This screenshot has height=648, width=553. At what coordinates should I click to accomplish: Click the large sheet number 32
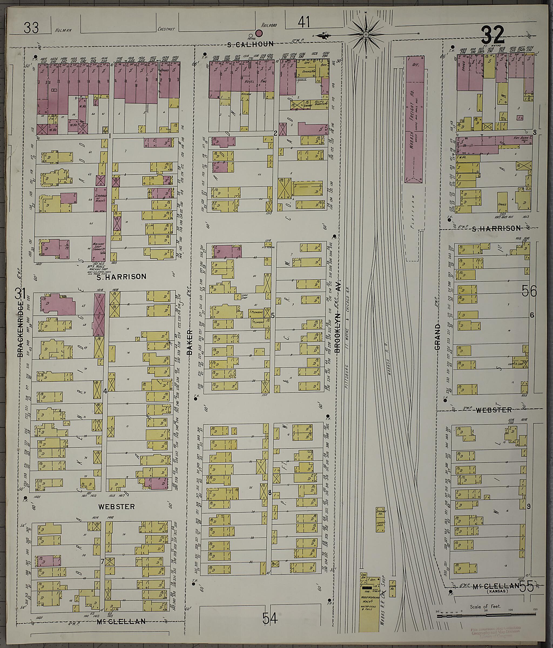click(493, 35)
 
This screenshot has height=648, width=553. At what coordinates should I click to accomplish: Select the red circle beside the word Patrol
click(259, 32)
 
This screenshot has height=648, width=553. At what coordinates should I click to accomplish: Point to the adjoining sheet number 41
click(304, 22)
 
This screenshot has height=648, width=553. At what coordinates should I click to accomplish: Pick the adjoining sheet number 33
click(31, 28)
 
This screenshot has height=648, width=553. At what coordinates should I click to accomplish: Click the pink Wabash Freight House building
click(414, 119)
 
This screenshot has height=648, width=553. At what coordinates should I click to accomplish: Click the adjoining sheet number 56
click(529, 291)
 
